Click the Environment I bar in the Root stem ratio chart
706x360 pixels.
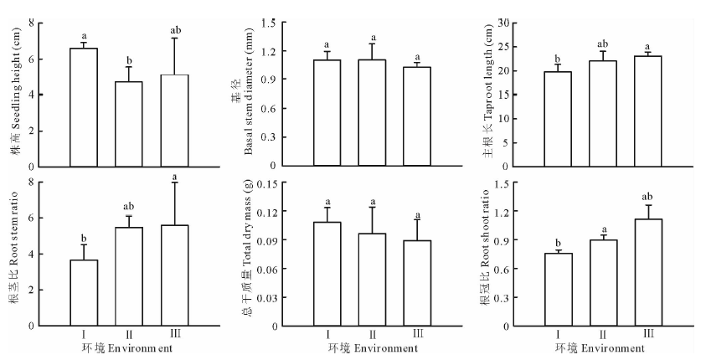click(x=84, y=293)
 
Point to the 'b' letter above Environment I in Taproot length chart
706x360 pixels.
click(x=557, y=59)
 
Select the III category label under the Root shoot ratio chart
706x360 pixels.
click(x=647, y=335)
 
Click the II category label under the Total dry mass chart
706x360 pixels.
click(x=374, y=335)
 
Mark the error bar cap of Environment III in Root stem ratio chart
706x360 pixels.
click(x=174, y=183)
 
